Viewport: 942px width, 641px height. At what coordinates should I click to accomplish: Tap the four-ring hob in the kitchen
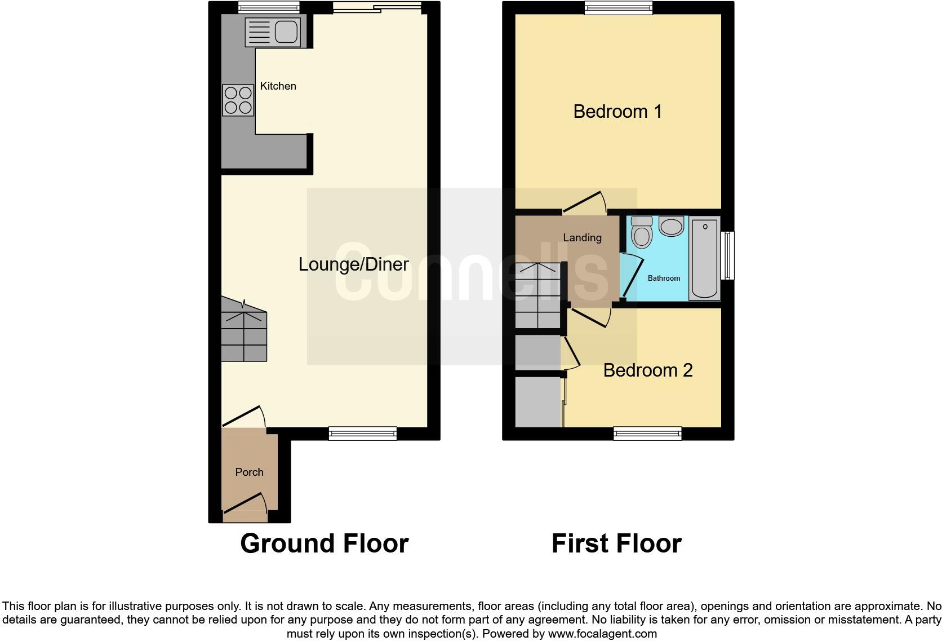pyautogui.click(x=238, y=100)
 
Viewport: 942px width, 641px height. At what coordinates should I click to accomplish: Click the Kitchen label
pyautogui.click(x=278, y=86)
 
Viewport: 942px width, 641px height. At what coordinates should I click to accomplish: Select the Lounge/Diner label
pyautogui.click(x=353, y=264)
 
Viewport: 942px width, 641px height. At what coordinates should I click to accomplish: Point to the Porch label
pyautogui.click(x=249, y=472)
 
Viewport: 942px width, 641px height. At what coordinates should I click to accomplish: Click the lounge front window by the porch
pyautogui.click(x=362, y=433)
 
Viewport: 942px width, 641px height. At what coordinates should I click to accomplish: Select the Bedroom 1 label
pyautogui.click(x=617, y=112)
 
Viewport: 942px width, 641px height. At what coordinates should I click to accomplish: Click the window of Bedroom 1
pyautogui.click(x=618, y=7)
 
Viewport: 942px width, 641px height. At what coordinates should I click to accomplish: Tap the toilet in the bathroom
pyautogui.click(x=642, y=232)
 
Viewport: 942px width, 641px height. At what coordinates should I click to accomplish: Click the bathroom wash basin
pyautogui.click(x=671, y=227)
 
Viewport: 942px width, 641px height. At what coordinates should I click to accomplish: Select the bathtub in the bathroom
pyautogui.click(x=704, y=259)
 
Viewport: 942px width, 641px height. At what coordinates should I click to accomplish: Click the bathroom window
pyautogui.click(x=728, y=255)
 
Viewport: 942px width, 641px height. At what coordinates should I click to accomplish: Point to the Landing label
pyautogui.click(x=582, y=238)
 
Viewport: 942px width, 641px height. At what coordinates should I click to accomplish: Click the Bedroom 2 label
pyautogui.click(x=648, y=370)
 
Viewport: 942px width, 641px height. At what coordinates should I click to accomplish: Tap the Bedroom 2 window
pyautogui.click(x=647, y=433)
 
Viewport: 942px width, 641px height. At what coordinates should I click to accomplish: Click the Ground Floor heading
pyautogui.click(x=324, y=543)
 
